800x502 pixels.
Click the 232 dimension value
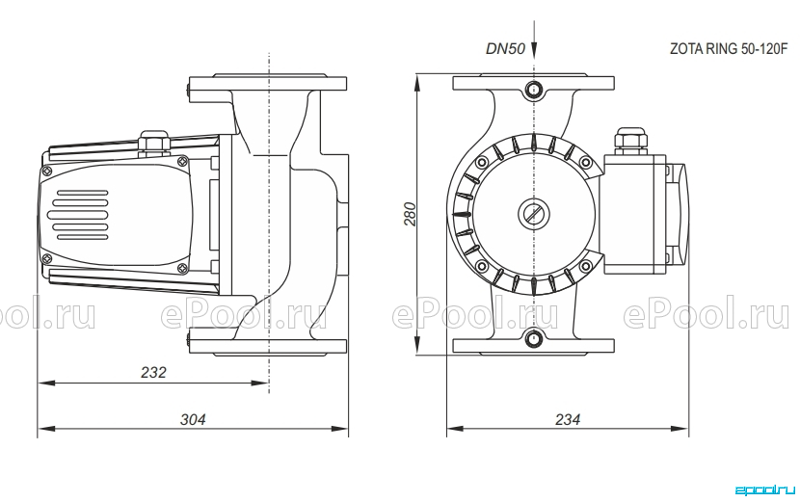pyautogui.click(x=153, y=373)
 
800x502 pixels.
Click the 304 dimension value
pyautogui.click(x=193, y=419)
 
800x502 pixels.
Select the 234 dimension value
pyautogui.click(x=568, y=419)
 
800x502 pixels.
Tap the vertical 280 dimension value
pyautogui.click(x=411, y=214)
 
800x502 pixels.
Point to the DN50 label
pyautogui.click(x=505, y=49)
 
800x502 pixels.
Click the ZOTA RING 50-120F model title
pyautogui.click(x=729, y=49)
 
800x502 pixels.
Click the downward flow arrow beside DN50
pyautogui.click(x=534, y=40)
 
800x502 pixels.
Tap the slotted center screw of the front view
pyautogui.click(x=534, y=213)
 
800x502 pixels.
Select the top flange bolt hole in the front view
pyautogui.click(x=534, y=90)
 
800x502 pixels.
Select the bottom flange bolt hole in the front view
pyautogui.click(x=534, y=338)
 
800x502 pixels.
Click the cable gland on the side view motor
pyautogui.click(x=153, y=143)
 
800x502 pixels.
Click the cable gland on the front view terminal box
pyautogui.click(x=631, y=141)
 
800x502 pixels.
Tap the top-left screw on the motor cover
pyautogui.click(x=47, y=171)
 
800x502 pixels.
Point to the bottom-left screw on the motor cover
pyautogui.click(x=47, y=258)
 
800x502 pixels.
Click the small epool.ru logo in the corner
pyautogui.click(x=764, y=489)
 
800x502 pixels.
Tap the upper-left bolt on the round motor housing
pyautogui.click(x=481, y=163)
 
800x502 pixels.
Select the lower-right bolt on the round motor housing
pyautogui.click(x=586, y=266)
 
